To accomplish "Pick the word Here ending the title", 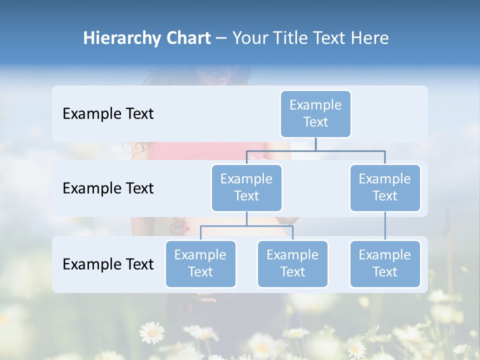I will coord(369,38).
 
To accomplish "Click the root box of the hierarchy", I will coord(315,113).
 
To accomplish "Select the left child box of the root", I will coord(246,187).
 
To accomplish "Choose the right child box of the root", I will coord(385,187).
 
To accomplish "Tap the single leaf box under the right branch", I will coord(385,263).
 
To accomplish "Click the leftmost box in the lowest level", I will coord(200,263).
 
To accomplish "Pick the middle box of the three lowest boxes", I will coord(292,263).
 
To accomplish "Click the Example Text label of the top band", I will coord(108,113).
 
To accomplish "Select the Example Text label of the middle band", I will coord(108,188).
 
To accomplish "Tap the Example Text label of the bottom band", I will coord(108,264).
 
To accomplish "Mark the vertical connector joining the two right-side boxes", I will coord(385,226).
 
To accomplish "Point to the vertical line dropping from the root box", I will coord(315,144).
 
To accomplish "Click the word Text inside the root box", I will coord(315,122).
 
